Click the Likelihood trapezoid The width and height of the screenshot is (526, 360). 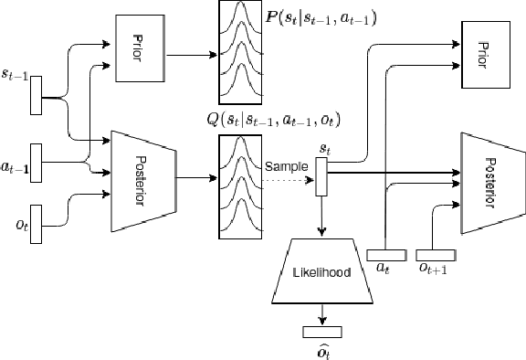click(x=321, y=272)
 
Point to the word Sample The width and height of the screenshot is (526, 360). click(x=286, y=166)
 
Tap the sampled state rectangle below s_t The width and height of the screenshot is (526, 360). click(x=321, y=177)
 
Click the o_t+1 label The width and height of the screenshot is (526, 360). click(x=432, y=270)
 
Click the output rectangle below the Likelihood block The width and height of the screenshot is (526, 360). click(x=321, y=331)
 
